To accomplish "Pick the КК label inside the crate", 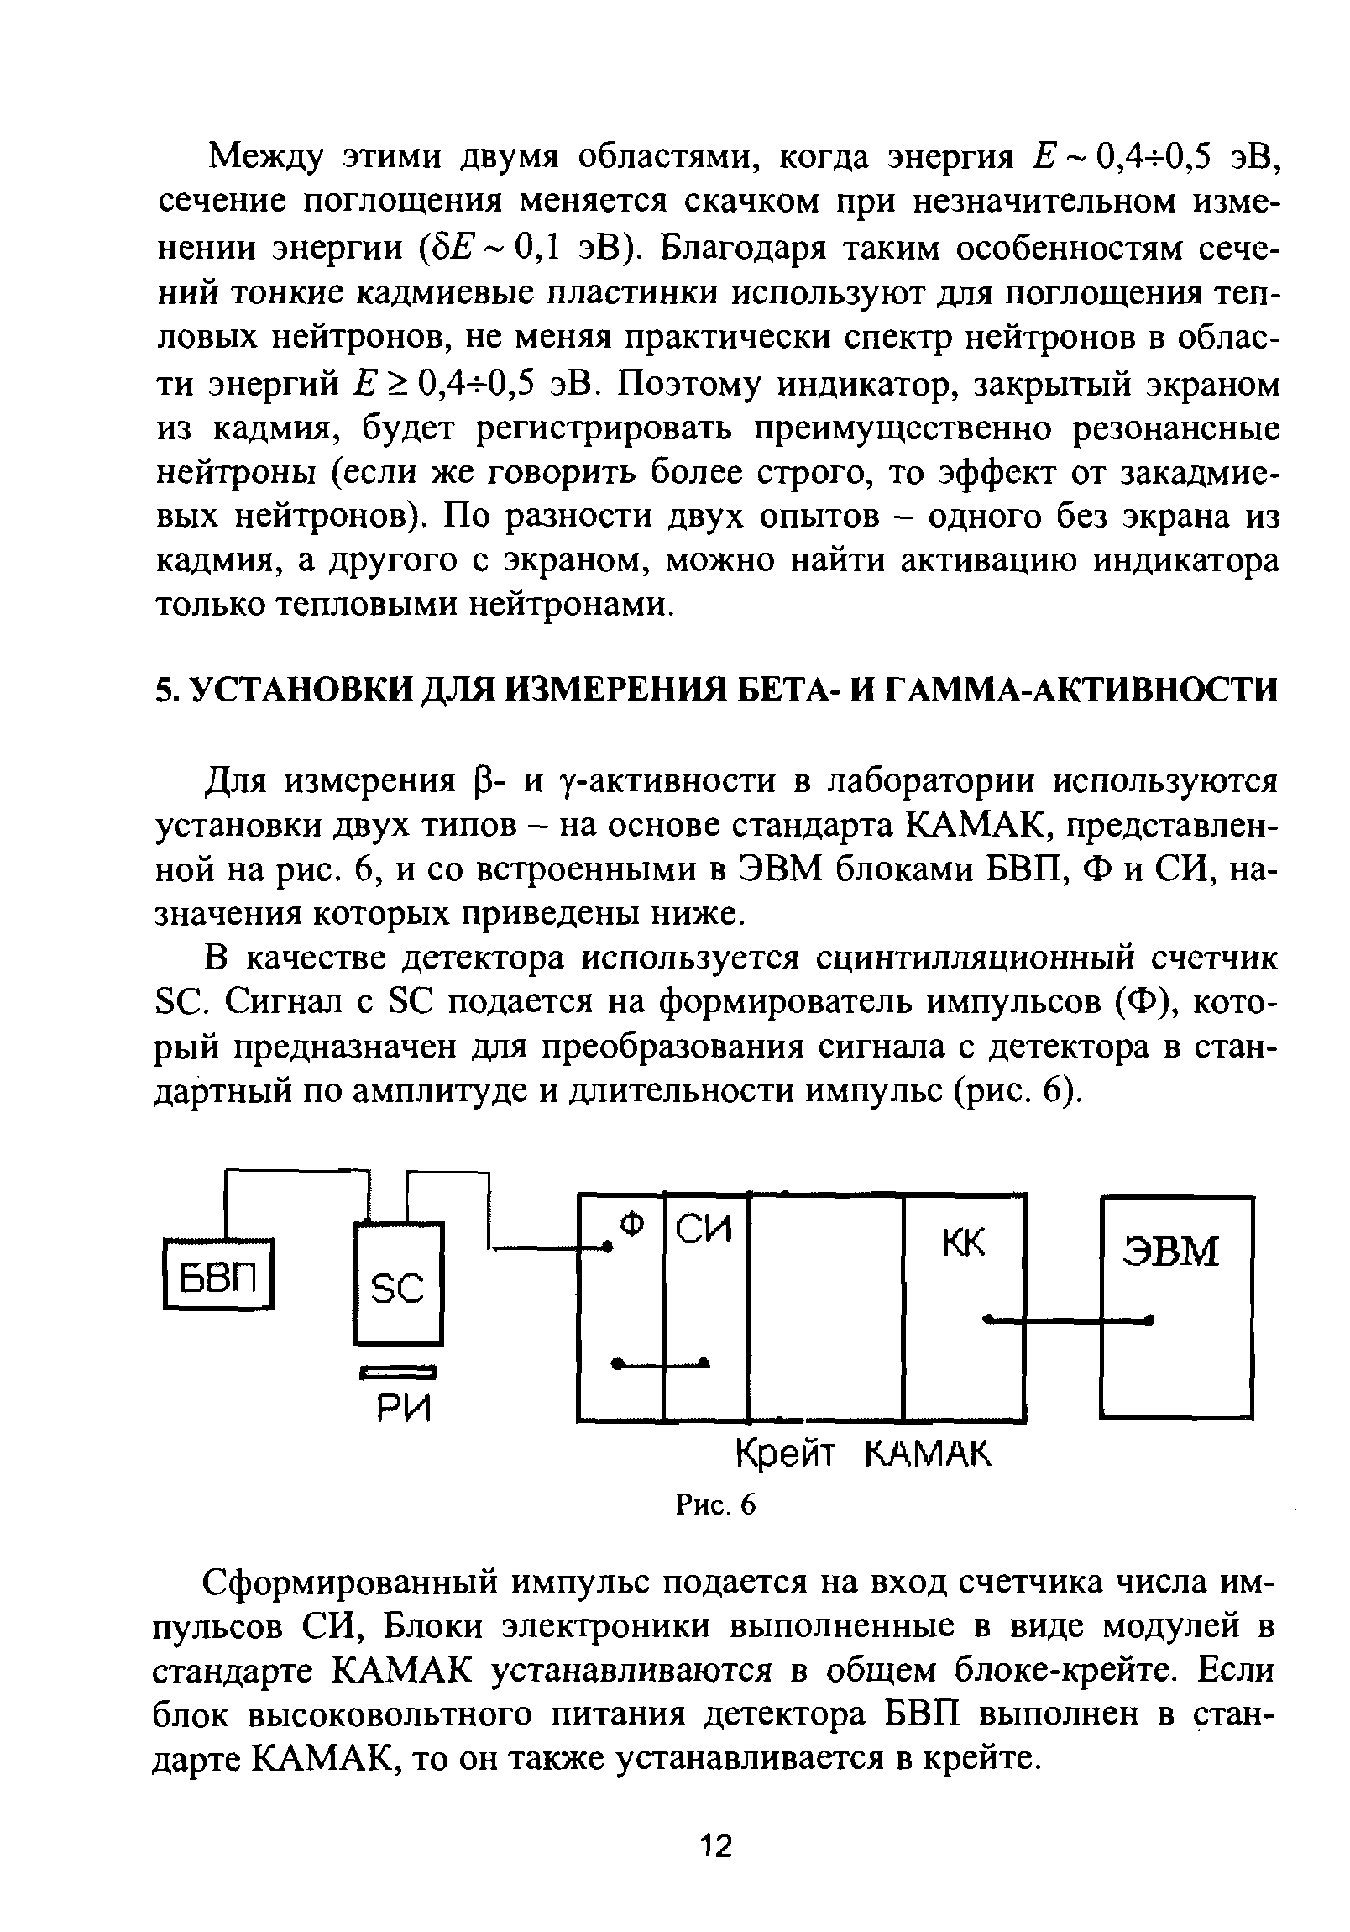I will click(963, 1244).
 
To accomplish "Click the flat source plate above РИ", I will click(399, 1373).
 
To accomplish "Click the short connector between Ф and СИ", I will click(661, 1362).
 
